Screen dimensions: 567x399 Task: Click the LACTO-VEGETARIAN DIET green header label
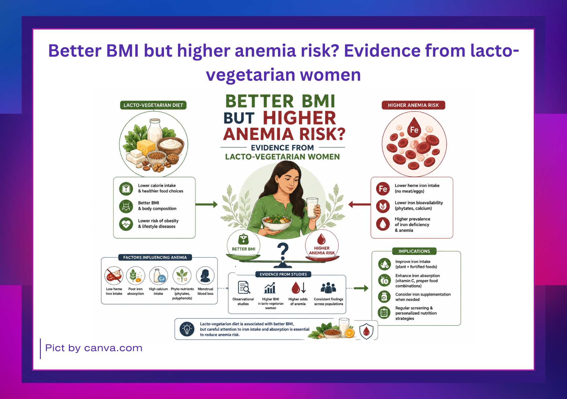coord(153,105)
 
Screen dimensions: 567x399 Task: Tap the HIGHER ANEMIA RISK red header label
coord(413,105)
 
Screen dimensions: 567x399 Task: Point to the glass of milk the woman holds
coord(312,208)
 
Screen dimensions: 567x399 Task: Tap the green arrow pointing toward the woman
coord(206,204)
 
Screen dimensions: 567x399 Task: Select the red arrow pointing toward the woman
coord(359,204)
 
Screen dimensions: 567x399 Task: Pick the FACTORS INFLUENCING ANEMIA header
coord(155,257)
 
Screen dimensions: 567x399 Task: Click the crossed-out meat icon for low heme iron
coord(114,276)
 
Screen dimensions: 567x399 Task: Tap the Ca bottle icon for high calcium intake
coord(159,276)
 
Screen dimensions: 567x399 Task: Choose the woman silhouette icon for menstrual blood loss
coord(205,276)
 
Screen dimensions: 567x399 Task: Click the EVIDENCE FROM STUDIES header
coord(283,274)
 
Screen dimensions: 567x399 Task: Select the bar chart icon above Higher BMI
coord(270,288)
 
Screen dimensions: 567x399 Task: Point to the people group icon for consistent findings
coord(328,288)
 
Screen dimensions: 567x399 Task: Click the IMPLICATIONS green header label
coord(414,251)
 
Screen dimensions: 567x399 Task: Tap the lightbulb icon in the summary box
coord(187,329)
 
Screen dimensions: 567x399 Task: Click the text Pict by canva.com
coord(94,348)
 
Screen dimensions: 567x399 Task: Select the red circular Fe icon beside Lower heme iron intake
coord(383,189)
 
